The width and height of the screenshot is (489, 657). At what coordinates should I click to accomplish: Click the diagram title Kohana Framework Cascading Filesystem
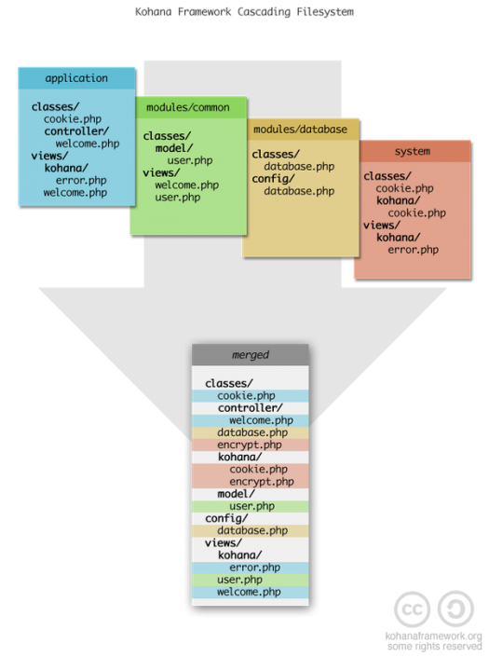tap(244, 12)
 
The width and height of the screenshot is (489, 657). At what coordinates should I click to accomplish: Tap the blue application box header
tap(76, 78)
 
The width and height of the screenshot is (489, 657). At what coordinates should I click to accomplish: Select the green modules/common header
tap(191, 107)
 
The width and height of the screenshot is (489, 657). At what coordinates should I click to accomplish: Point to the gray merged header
tap(251, 355)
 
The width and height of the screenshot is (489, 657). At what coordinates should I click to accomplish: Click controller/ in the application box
tap(76, 131)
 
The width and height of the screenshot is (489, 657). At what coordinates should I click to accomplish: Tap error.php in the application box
tap(81, 180)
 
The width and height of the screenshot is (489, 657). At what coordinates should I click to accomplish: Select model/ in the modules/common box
tap(174, 148)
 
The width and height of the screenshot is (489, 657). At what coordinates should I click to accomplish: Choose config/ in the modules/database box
tap(274, 179)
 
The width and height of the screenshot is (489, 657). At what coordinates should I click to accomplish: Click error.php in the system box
tap(414, 250)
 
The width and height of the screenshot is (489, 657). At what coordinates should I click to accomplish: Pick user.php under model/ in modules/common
tap(190, 160)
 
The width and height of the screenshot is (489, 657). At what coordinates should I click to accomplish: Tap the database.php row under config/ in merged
tap(251, 531)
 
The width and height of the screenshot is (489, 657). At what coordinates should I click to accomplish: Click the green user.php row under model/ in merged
tap(251, 506)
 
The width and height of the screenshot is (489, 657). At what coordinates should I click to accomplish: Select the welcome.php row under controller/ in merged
tap(251, 420)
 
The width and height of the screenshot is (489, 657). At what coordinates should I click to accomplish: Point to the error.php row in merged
tap(251, 568)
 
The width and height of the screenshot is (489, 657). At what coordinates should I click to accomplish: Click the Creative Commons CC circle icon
tap(412, 609)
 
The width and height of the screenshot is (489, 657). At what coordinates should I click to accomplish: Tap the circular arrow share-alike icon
tap(455, 609)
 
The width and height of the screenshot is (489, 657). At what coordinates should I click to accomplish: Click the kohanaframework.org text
tap(433, 636)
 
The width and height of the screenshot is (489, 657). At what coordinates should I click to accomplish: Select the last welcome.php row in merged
tap(251, 592)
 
